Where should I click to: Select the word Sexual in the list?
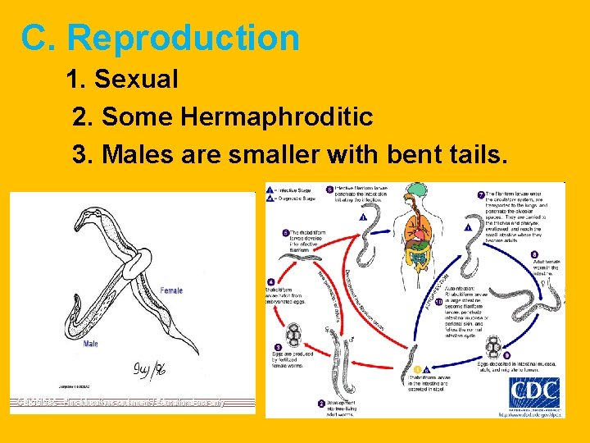coord(136,80)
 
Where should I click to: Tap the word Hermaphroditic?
coord(277,117)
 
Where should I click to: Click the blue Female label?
coord(171,290)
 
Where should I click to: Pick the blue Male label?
coord(90,345)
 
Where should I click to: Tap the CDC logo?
coord(534,393)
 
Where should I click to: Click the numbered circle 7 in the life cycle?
coord(481,195)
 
